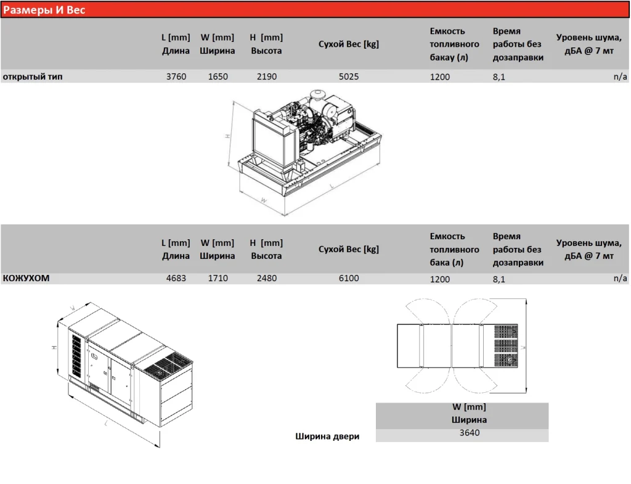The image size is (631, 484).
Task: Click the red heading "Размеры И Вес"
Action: pos(44,10)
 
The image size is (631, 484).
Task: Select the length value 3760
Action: pos(176,76)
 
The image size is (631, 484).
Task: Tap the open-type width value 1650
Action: pos(218,76)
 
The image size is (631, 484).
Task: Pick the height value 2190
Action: pos(267,76)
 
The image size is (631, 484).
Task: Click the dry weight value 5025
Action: pos(349,76)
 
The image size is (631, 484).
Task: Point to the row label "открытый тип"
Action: pos(33,76)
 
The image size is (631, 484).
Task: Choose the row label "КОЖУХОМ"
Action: pos(26,278)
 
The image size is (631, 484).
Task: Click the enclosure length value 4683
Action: pos(176,278)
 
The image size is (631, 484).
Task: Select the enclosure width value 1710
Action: pos(218,278)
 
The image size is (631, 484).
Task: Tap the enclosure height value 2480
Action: pos(267,278)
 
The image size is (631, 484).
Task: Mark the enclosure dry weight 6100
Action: pos(349,278)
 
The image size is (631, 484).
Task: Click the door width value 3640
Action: pos(469,433)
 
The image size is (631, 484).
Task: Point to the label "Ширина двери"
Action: pos(327,436)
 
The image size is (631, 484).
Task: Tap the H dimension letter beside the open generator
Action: pos(227,136)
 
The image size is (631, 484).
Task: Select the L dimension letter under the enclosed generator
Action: pos(106,423)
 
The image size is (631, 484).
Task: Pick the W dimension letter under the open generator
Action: pos(264,200)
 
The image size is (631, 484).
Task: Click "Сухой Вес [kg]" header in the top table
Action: pos(349,44)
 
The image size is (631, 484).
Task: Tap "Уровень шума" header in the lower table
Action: pos(588,243)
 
